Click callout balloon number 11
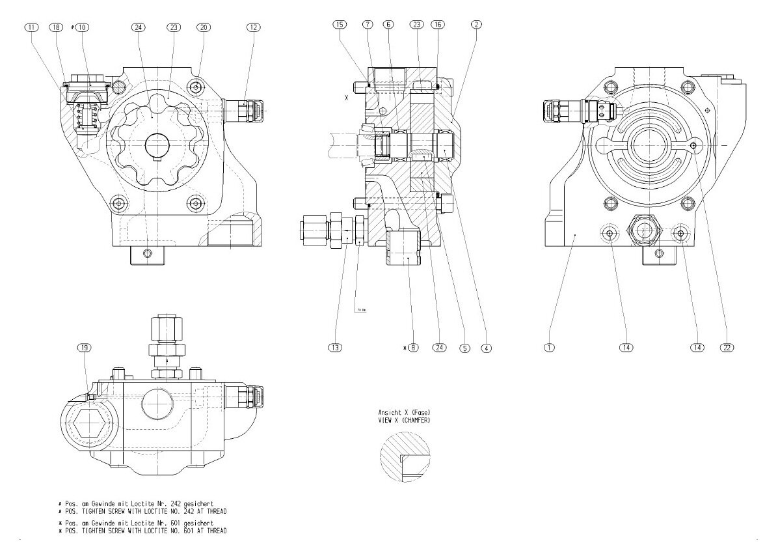(x=32, y=27)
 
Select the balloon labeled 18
(x=57, y=27)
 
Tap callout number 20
(x=204, y=27)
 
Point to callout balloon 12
(x=253, y=27)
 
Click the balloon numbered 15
(x=339, y=25)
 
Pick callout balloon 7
(x=368, y=25)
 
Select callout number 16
(x=437, y=25)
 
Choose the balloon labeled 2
(x=477, y=25)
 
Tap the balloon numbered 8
(x=414, y=348)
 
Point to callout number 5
(x=464, y=348)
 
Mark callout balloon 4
(x=485, y=348)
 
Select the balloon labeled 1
(x=550, y=348)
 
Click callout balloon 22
(x=727, y=348)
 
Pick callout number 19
(x=85, y=348)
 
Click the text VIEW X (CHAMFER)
(x=404, y=421)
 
